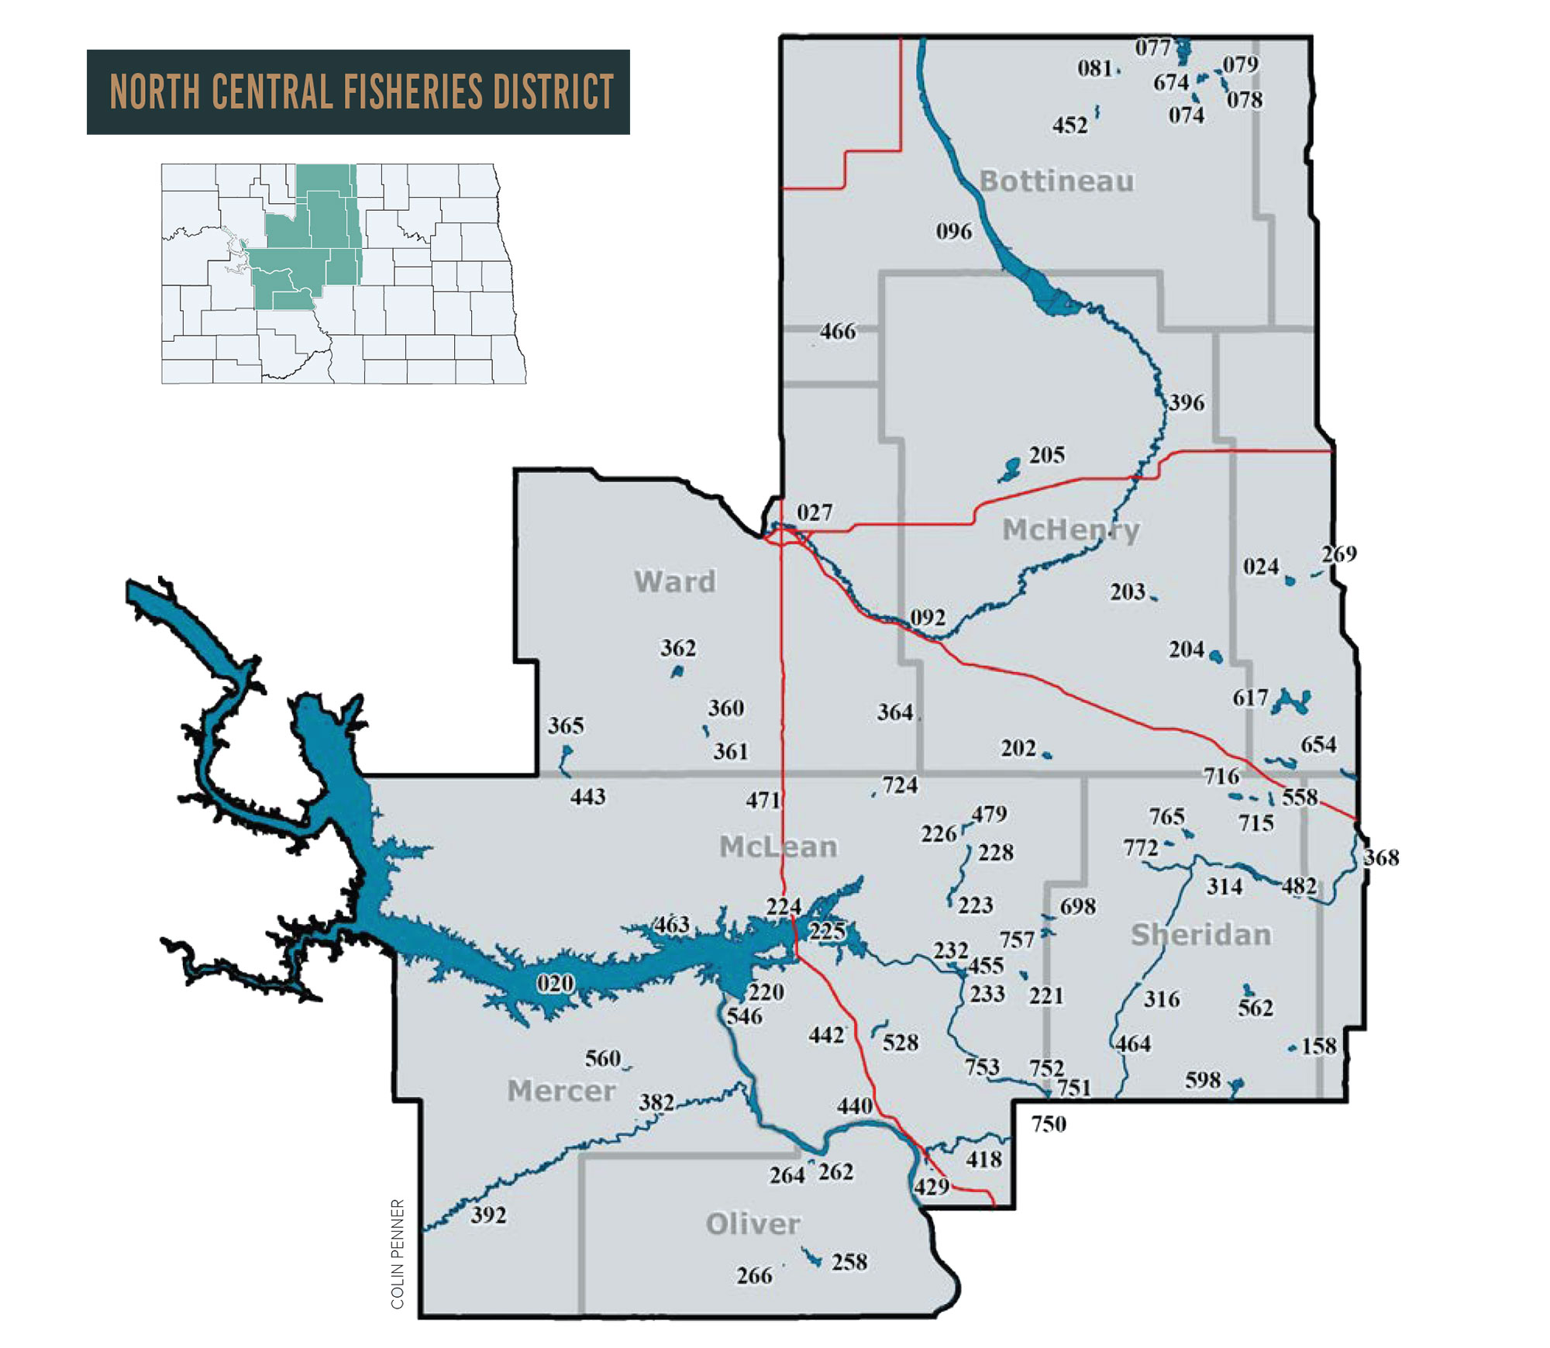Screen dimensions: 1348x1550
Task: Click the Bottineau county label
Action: coord(1056,181)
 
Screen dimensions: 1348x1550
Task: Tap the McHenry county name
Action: coord(1070,530)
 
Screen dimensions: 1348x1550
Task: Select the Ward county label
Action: coord(674,581)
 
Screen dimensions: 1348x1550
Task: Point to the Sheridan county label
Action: coord(1200,935)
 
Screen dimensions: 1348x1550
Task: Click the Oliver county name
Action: coord(753,1224)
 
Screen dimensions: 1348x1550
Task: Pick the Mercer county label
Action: coord(561,1091)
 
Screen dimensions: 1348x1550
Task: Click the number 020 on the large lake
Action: coord(556,984)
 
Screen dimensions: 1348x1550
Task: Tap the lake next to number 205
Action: coord(1010,469)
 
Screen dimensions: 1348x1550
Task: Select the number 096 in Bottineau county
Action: coord(953,232)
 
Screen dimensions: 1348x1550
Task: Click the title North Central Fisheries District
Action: coord(361,92)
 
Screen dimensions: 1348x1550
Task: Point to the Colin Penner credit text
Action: coord(398,1254)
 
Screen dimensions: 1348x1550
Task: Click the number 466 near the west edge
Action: coord(838,332)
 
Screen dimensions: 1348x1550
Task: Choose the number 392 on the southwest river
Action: coord(488,1215)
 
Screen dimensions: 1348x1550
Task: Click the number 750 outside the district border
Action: coord(1049,1124)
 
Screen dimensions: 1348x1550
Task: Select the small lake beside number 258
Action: coord(812,1258)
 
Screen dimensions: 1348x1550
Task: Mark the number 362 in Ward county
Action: coord(678,648)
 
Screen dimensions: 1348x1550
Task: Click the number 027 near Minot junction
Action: coord(815,512)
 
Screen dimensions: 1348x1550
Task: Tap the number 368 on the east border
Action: coord(1381,857)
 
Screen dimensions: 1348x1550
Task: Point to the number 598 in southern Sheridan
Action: coord(1203,1080)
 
